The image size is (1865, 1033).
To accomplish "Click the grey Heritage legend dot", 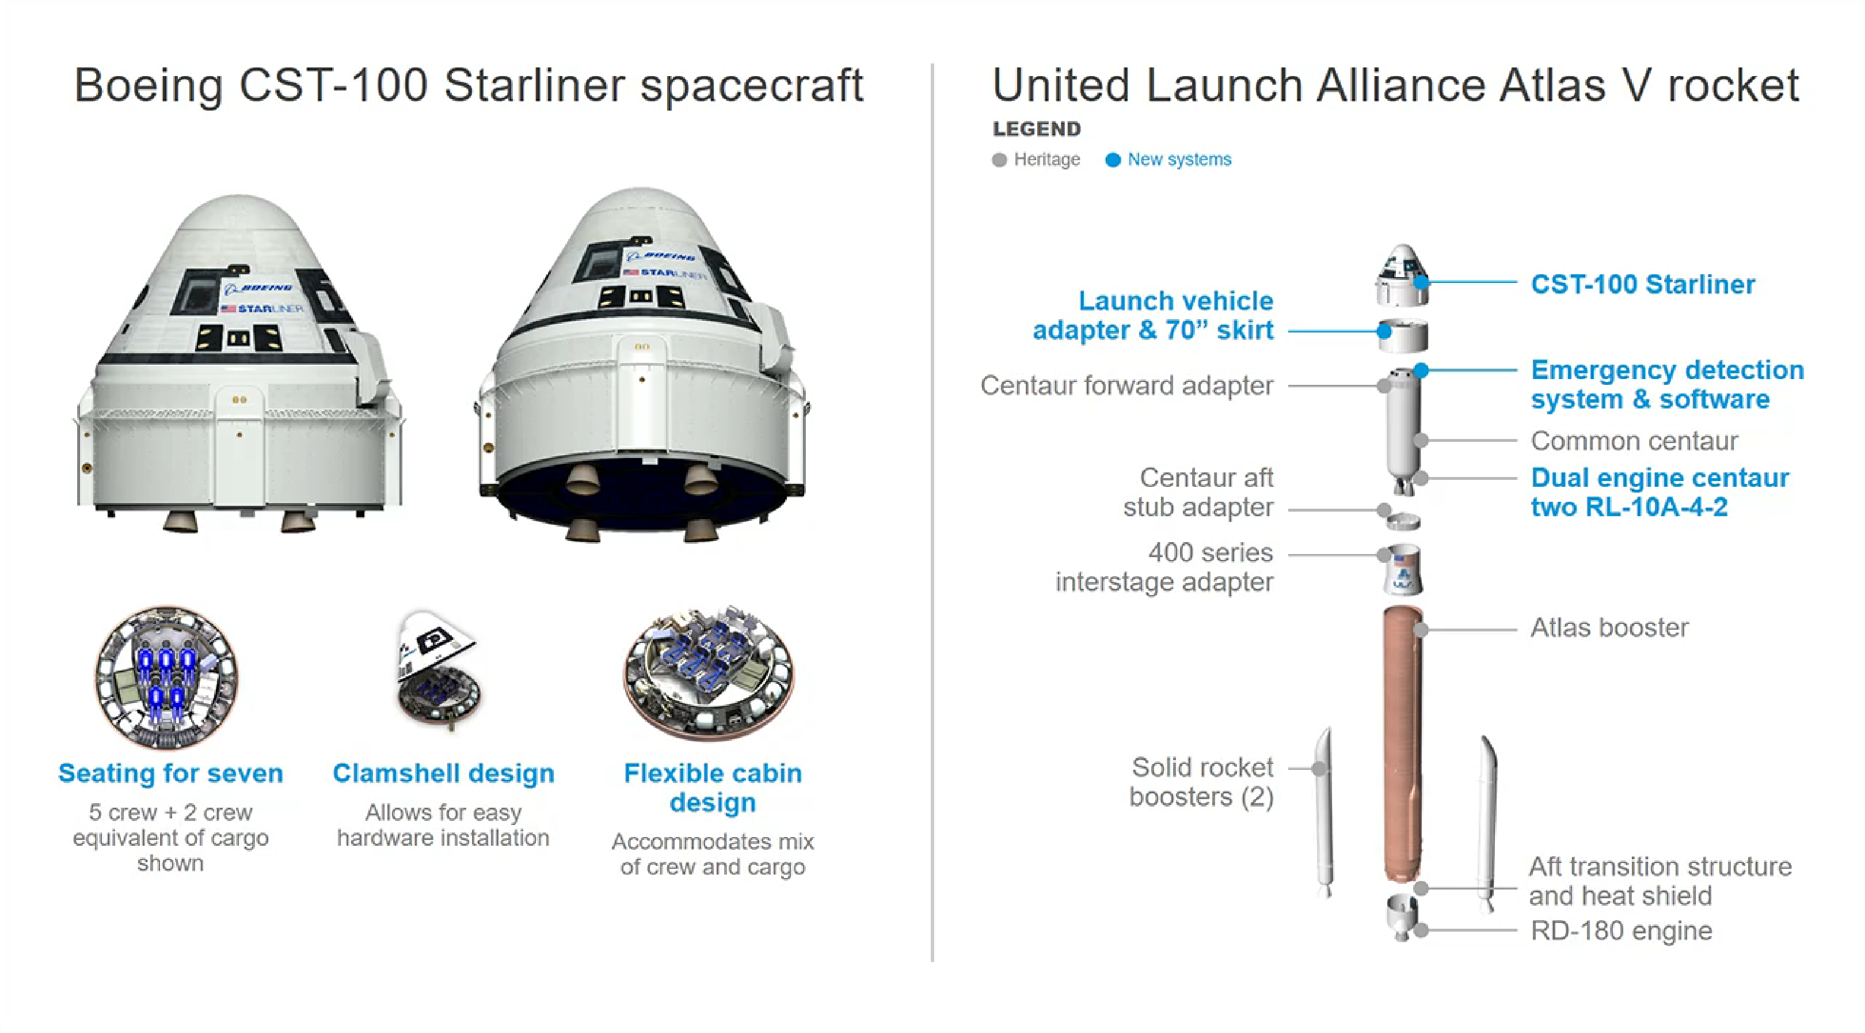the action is point(999,160).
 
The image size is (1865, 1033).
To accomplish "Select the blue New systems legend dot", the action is point(1113,160).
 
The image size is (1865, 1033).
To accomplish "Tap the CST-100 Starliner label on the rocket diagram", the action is point(1643,284).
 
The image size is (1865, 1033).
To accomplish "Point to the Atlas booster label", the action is point(1609,627).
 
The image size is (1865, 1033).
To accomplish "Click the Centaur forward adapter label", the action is point(1126,385).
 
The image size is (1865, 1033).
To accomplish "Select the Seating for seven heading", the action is point(171,773).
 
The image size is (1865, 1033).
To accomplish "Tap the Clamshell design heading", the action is point(443,773).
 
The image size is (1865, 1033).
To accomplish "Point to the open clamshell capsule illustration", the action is point(438,670).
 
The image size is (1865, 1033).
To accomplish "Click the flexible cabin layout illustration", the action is point(710,673).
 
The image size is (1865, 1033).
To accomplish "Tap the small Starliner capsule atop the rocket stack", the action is point(1402,275).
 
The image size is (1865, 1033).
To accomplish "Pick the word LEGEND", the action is point(1037,129).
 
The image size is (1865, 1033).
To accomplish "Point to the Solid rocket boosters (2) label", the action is point(1201,782).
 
